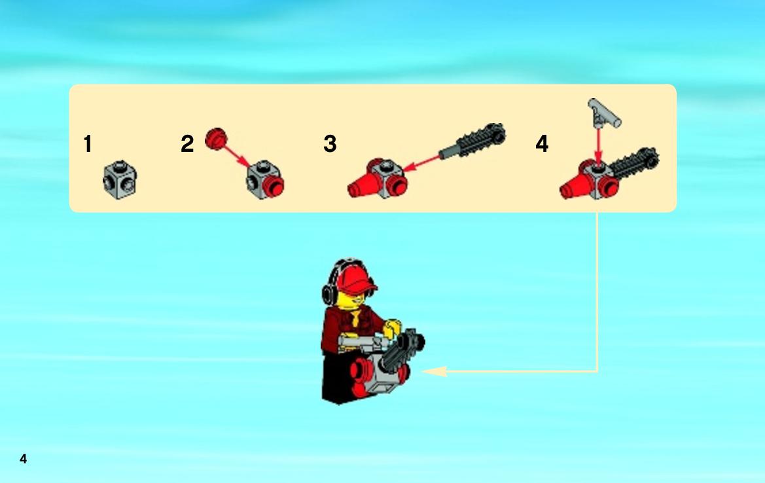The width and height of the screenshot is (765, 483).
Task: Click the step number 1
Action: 88,144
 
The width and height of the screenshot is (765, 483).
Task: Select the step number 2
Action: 187,144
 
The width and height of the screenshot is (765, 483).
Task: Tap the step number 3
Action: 330,144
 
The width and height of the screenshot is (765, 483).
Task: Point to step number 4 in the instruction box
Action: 542,144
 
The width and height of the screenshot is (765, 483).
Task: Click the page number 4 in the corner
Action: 23,459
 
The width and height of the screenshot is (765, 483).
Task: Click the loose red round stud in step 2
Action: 216,139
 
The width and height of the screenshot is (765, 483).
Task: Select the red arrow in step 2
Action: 238,155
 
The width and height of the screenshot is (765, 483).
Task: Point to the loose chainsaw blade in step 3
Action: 472,141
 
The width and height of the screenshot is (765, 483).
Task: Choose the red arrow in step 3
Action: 421,163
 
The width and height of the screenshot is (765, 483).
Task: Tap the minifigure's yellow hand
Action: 392,329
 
